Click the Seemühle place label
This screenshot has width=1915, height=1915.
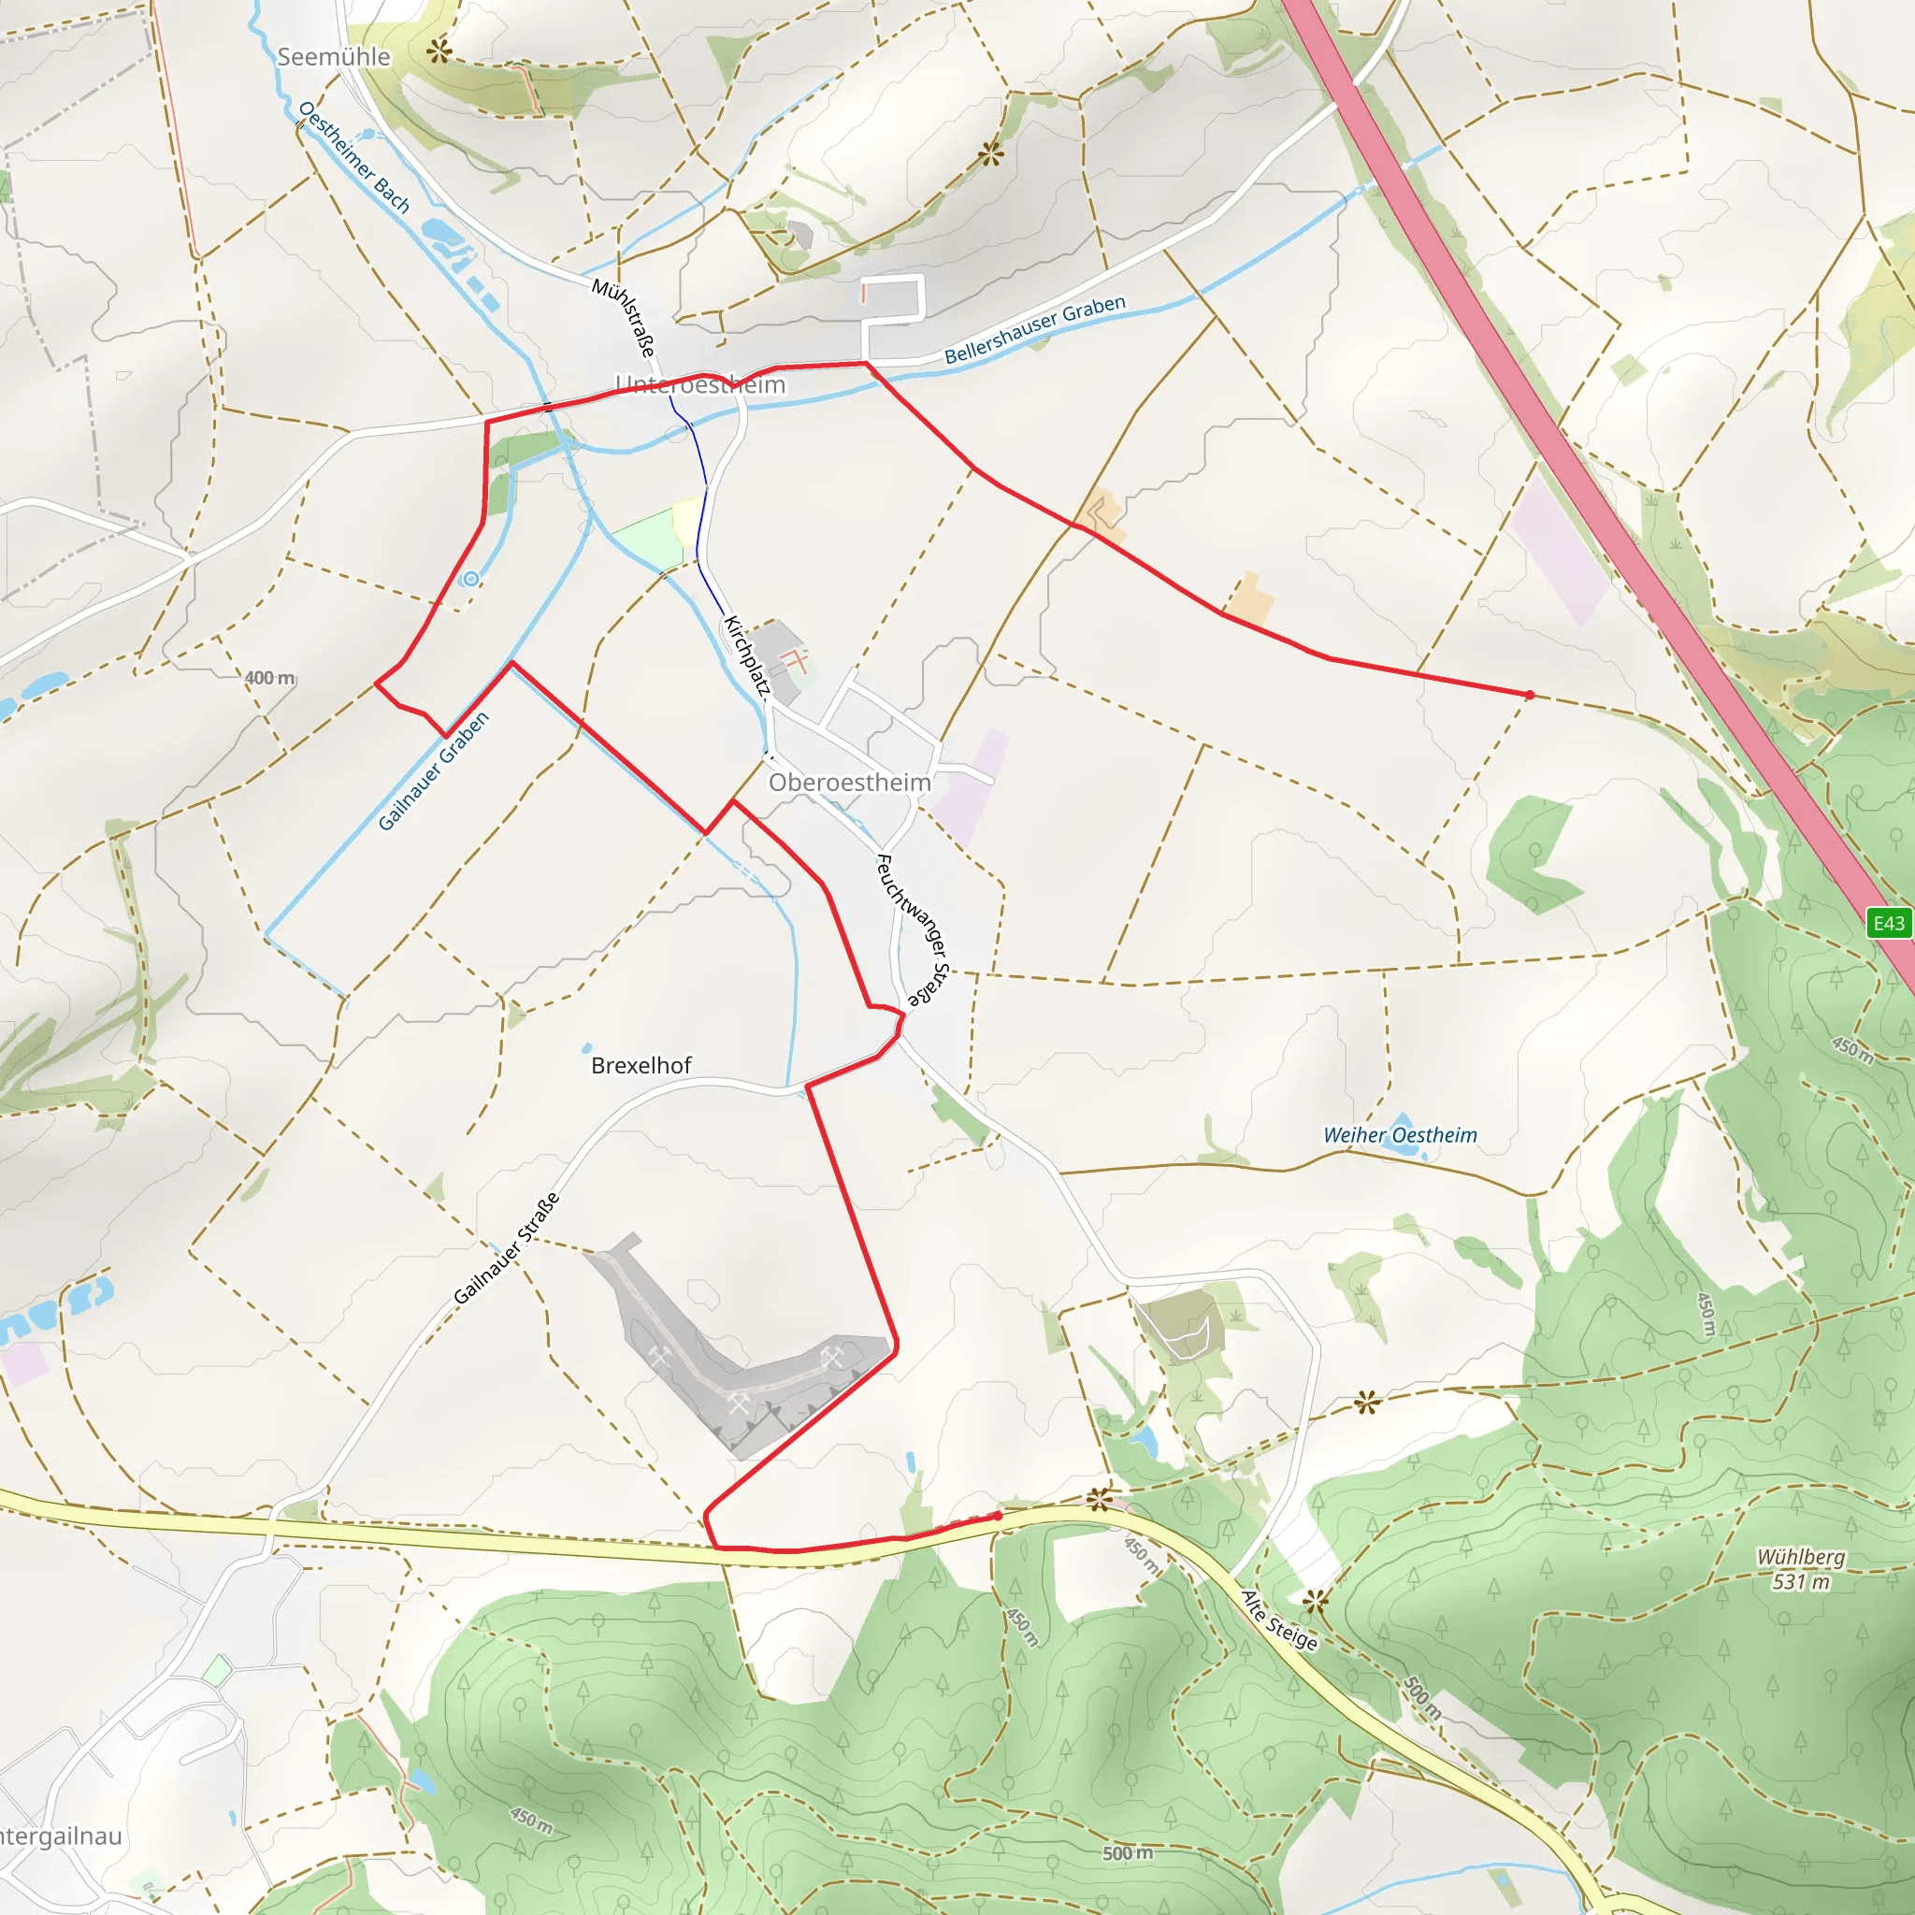point(333,57)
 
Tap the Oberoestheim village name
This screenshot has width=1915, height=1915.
point(849,783)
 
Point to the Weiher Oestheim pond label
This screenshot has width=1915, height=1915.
point(1400,1135)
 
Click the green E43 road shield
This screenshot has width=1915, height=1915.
point(1887,924)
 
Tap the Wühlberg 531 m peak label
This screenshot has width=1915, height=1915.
point(1801,1569)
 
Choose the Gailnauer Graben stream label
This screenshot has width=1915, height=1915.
point(434,771)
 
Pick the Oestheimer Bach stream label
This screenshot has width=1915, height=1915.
point(353,156)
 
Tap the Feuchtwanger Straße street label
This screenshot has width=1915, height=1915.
point(913,929)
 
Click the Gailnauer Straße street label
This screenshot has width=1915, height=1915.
point(507,1248)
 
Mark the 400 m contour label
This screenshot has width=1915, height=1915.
point(269,678)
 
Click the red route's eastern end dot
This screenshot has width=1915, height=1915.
point(1530,695)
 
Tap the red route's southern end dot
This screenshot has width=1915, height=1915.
point(998,1516)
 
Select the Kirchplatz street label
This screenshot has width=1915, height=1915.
point(746,655)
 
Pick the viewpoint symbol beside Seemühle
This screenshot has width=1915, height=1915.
point(439,50)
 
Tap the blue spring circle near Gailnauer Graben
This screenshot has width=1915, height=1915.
point(472,579)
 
